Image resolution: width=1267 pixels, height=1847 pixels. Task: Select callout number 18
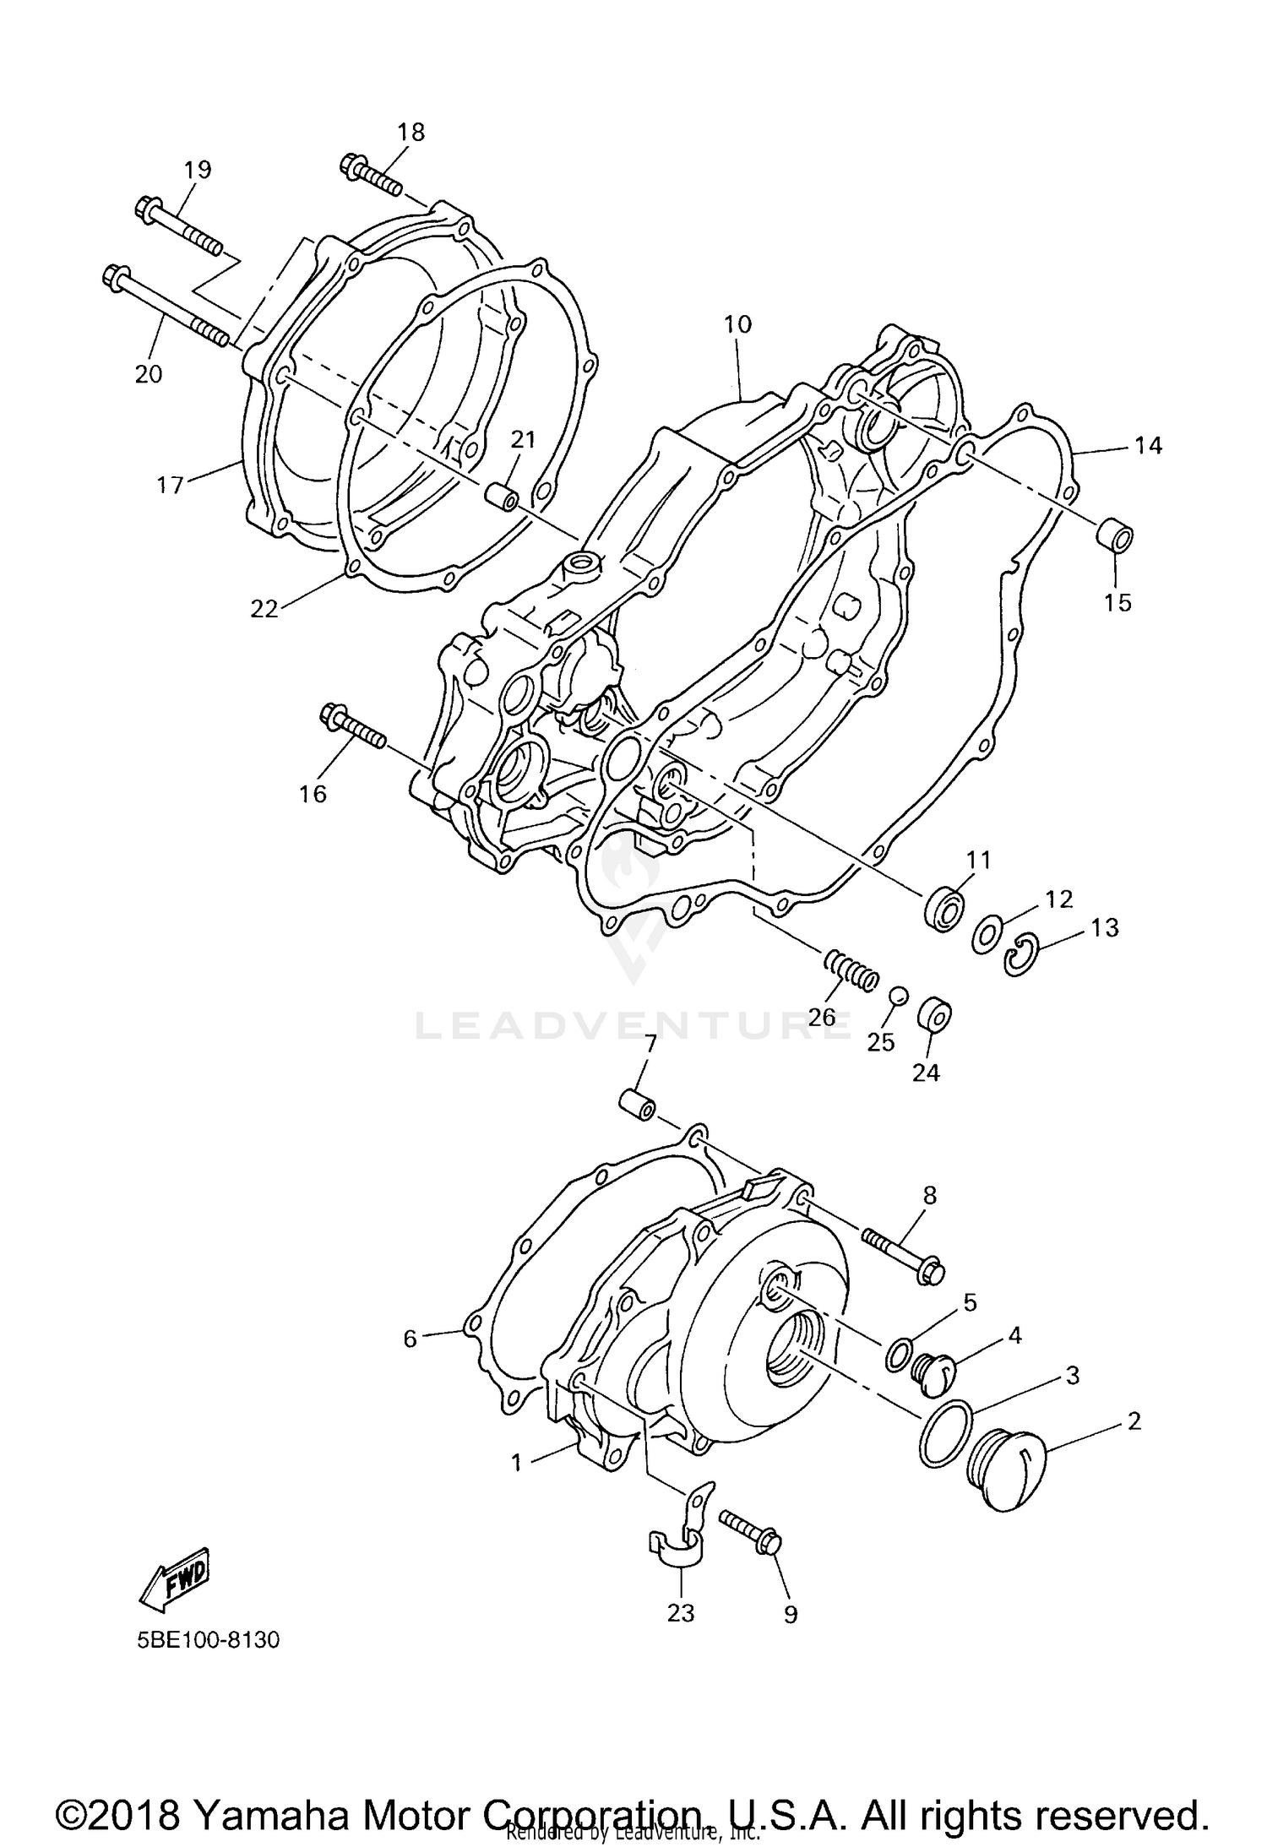(411, 132)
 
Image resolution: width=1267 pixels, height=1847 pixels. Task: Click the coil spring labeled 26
(850, 970)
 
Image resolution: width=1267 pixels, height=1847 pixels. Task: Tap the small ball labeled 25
(898, 997)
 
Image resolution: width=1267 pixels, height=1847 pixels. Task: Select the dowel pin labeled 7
(638, 1105)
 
